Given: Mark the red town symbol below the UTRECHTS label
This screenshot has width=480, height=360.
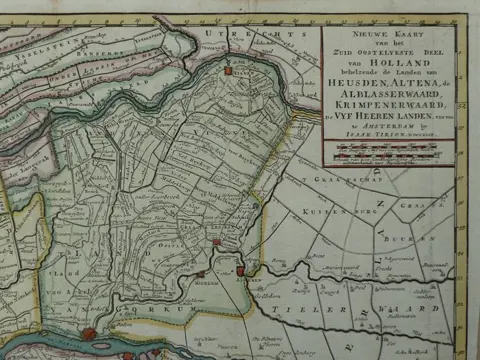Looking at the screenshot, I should [x=229, y=72].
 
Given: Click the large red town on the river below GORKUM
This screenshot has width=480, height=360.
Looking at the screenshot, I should [x=90, y=334].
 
